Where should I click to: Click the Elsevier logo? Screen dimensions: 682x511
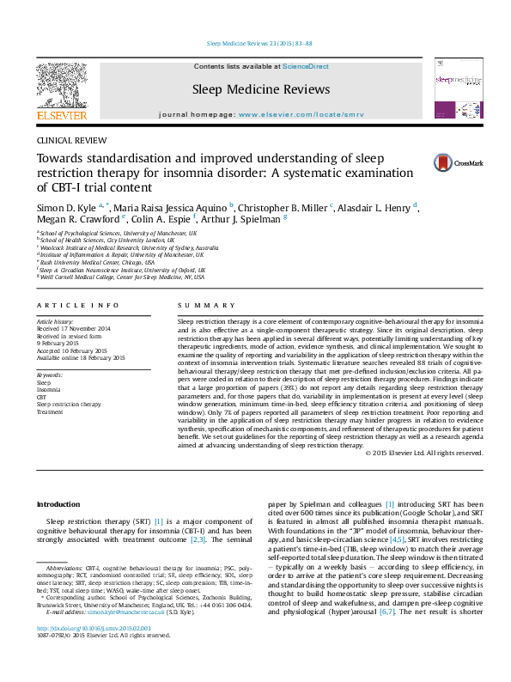click(x=61, y=90)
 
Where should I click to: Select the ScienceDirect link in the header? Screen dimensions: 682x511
click(x=307, y=66)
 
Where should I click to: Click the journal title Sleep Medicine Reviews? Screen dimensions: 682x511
click(x=261, y=89)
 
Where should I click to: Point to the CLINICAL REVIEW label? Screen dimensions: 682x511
click(x=71, y=140)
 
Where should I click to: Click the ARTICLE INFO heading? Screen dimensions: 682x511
click(x=78, y=306)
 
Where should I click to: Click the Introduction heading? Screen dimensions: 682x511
click(x=58, y=504)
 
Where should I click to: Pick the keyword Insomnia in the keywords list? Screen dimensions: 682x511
click(x=49, y=390)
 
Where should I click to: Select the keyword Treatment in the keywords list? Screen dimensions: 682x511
click(x=51, y=411)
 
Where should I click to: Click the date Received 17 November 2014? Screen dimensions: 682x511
click(x=74, y=329)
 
